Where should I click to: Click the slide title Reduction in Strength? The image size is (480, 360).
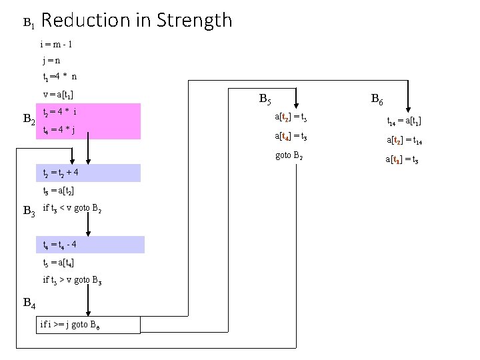(137, 21)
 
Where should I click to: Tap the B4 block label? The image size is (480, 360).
(29, 303)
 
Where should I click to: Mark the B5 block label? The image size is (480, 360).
(264, 101)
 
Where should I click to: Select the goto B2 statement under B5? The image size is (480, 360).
(289, 156)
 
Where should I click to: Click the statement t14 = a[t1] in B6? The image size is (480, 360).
(404, 121)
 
